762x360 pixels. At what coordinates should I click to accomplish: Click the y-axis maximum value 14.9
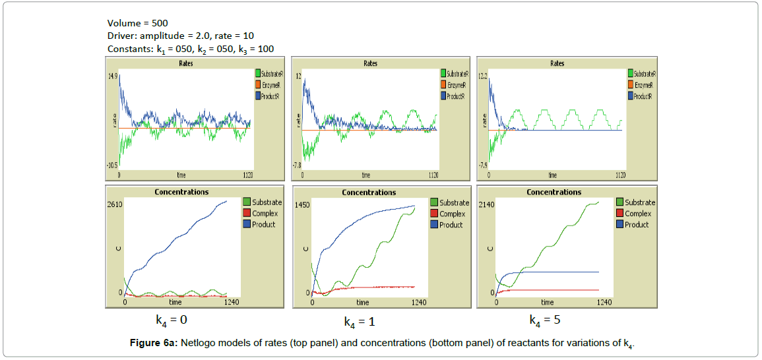click(x=113, y=76)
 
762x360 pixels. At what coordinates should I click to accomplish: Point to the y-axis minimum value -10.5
click(x=112, y=165)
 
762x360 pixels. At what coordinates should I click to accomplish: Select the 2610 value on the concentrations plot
click(x=115, y=205)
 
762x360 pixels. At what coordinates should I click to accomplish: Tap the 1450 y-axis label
click(x=303, y=206)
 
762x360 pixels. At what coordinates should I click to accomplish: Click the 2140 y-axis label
click(x=488, y=205)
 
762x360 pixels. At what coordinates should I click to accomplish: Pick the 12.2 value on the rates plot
click(x=483, y=76)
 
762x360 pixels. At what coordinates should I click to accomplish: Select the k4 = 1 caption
click(x=359, y=322)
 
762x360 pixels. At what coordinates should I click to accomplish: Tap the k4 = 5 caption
click(x=545, y=320)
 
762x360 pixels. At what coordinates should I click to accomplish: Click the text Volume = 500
click(x=137, y=23)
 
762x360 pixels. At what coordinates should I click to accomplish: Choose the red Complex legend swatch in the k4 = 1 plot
click(x=433, y=214)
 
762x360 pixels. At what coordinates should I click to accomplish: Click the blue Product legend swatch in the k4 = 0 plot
click(x=247, y=224)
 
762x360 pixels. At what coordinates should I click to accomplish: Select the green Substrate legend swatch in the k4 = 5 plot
click(x=619, y=202)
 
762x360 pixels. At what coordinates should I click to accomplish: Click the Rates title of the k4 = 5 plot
click(x=557, y=63)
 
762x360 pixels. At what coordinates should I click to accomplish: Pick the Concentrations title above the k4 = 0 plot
click(x=181, y=192)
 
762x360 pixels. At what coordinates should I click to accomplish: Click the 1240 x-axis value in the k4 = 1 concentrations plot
click(x=418, y=303)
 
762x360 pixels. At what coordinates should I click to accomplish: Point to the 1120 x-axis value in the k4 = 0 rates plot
click(x=248, y=175)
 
